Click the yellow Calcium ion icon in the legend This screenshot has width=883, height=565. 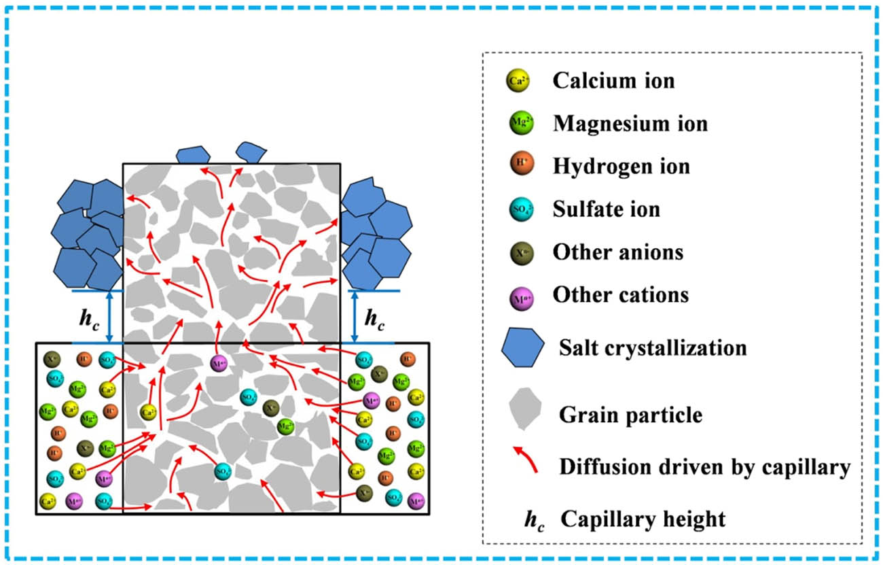(x=518, y=82)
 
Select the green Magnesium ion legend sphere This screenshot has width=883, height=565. (x=518, y=124)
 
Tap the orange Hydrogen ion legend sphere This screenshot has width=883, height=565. (x=518, y=166)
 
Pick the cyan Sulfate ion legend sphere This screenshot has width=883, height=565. (x=518, y=209)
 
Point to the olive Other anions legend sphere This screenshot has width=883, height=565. (x=518, y=252)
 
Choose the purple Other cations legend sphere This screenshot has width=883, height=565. (x=518, y=295)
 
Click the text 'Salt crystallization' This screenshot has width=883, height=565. (x=652, y=348)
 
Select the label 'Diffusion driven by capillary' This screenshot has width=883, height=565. (x=704, y=466)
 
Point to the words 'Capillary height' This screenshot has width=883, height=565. (x=643, y=519)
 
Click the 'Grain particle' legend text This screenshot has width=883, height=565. (x=630, y=413)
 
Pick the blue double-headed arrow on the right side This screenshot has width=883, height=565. (x=353, y=317)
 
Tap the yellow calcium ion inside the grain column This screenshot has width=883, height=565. (x=148, y=411)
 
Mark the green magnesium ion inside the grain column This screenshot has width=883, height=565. (x=286, y=426)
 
